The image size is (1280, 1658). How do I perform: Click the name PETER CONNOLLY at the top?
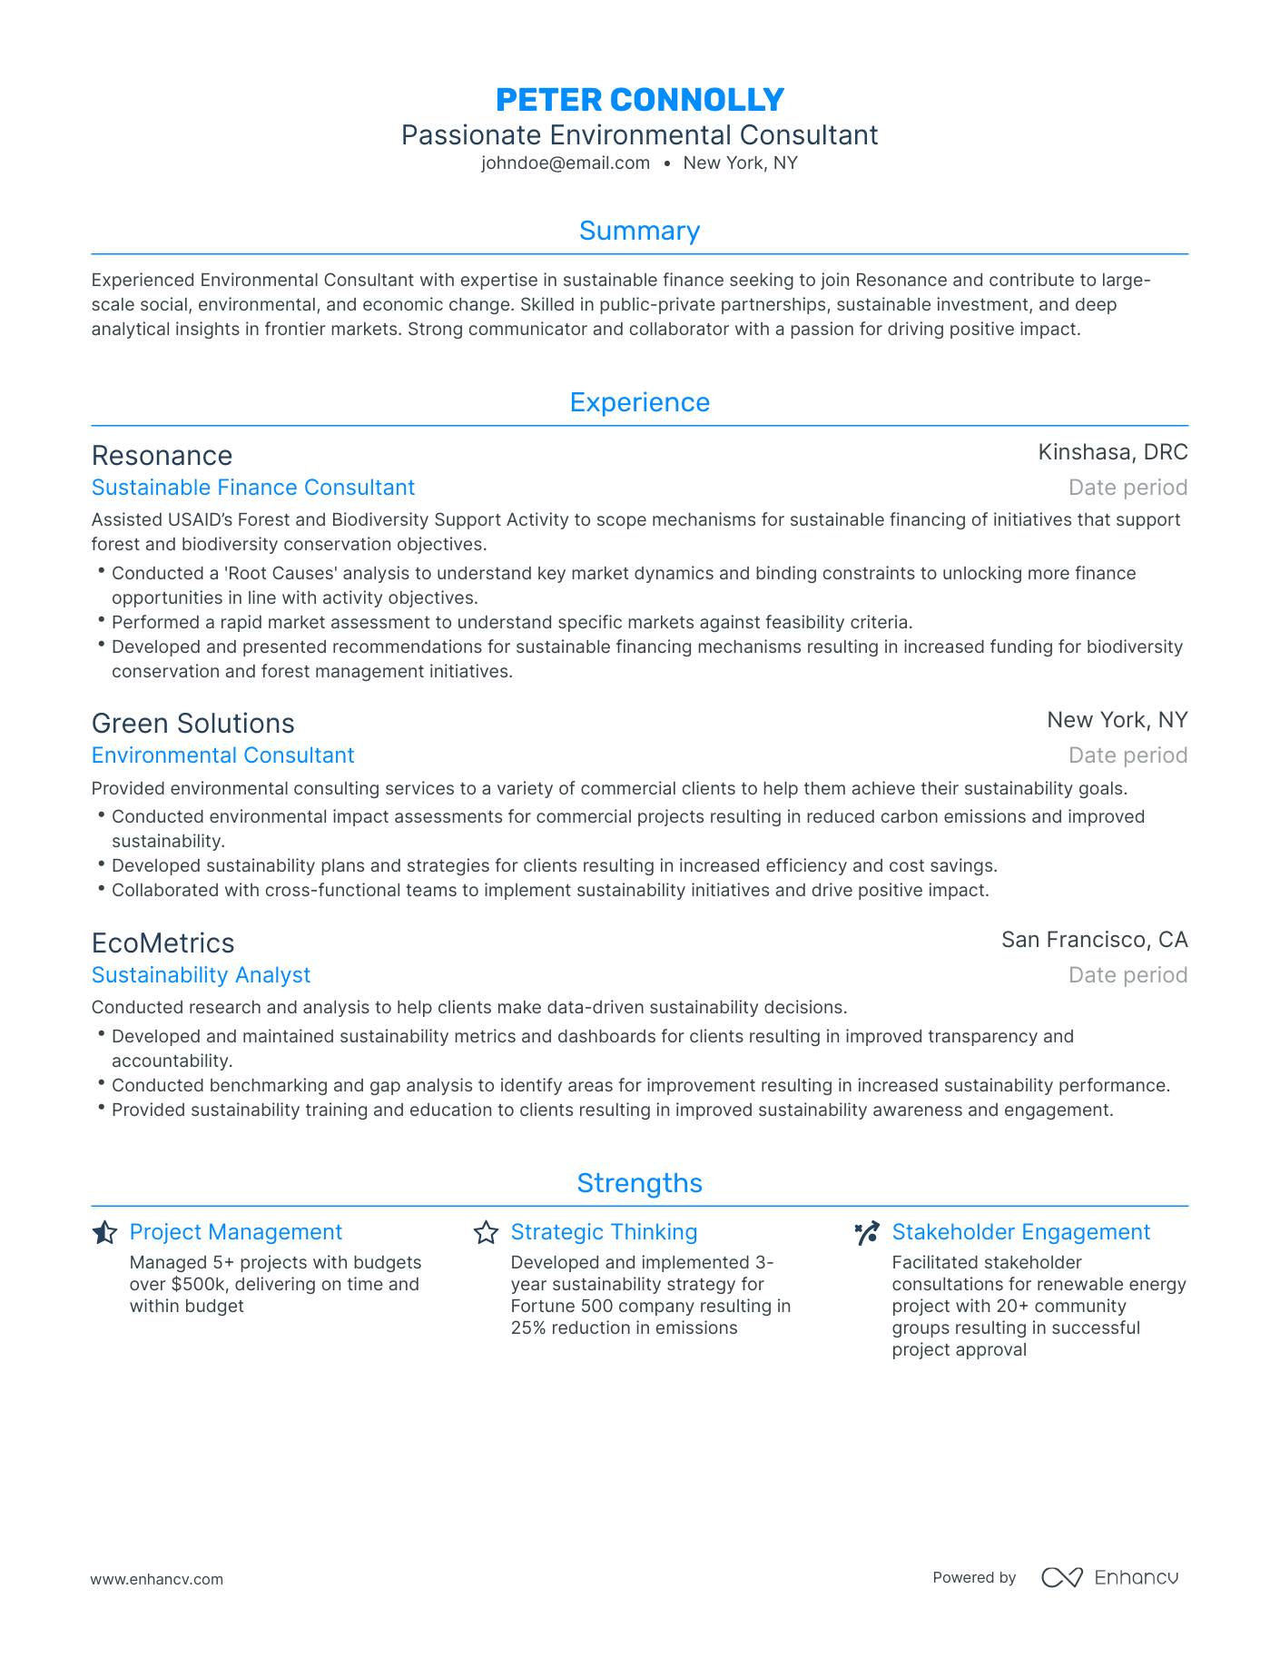(640, 100)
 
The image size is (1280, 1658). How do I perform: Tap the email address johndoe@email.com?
(566, 163)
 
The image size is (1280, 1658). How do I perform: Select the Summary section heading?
(639, 231)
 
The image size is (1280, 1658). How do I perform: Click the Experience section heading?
(639, 402)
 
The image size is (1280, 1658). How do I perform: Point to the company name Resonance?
(162, 456)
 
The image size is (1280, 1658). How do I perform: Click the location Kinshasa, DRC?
(1112, 452)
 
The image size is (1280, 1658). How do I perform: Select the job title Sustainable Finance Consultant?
(253, 488)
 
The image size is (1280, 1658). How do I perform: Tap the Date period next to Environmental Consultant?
(1127, 755)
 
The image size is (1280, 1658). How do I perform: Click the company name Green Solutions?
(193, 724)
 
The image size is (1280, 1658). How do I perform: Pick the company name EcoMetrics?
(163, 943)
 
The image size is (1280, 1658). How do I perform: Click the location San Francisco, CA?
(1094, 940)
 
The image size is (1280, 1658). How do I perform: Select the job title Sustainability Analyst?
(201, 975)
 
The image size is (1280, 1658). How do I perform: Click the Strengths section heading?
(639, 1183)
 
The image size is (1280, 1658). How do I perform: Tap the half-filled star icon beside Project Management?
(104, 1233)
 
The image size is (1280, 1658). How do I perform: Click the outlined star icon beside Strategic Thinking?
(486, 1233)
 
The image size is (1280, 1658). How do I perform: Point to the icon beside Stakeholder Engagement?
(867, 1233)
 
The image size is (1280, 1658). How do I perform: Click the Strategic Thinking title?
(604, 1232)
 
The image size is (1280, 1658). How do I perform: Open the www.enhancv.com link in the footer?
(156, 1579)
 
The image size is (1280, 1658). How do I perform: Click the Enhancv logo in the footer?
(1109, 1578)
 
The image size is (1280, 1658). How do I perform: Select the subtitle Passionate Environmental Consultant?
(639, 135)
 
